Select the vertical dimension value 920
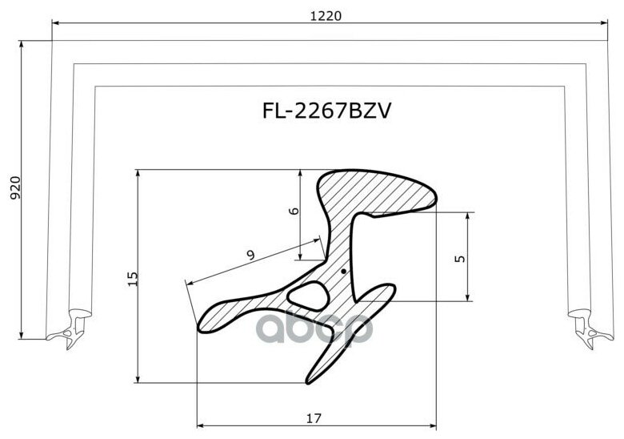pyautogui.click(x=14, y=187)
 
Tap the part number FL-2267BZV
pyautogui.click(x=326, y=111)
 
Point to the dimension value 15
pyautogui.click(x=132, y=278)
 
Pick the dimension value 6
pyautogui.click(x=294, y=211)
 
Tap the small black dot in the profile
pyautogui.click(x=343, y=272)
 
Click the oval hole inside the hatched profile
pyautogui.click(x=307, y=295)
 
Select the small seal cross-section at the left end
pyautogui.click(x=70, y=328)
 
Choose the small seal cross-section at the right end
pyautogui.click(x=583, y=328)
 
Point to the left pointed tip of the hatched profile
pyautogui.click(x=203, y=324)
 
